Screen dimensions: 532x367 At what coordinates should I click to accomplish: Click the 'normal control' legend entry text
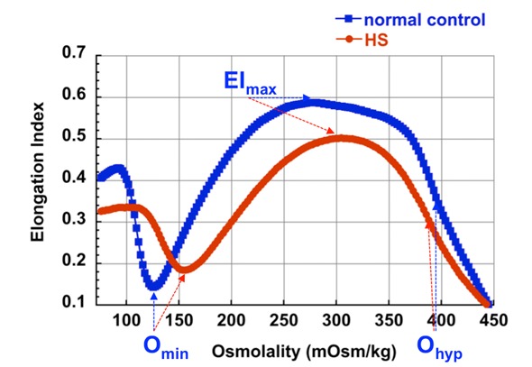pyautogui.click(x=425, y=20)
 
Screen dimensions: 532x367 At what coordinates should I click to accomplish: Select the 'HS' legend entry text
pyautogui.click(x=376, y=41)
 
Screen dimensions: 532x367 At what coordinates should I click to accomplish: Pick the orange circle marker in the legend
pyautogui.click(x=350, y=40)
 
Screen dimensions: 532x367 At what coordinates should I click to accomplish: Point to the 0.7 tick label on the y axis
pyautogui.click(x=74, y=53)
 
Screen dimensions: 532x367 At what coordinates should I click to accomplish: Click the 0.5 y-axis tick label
pyautogui.click(x=74, y=136)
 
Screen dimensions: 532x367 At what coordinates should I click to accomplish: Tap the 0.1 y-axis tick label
pyautogui.click(x=74, y=302)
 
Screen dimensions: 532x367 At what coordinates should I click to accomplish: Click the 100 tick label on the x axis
pyautogui.click(x=126, y=320)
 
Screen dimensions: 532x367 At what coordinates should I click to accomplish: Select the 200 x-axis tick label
pyautogui.click(x=232, y=320)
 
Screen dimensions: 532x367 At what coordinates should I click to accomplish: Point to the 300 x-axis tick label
pyautogui.click(x=336, y=320)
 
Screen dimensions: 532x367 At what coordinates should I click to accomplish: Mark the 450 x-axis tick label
pyautogui.click(x=493, y=320)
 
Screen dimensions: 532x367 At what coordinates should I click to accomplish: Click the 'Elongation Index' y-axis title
pyautogui.click(x=37, y=172)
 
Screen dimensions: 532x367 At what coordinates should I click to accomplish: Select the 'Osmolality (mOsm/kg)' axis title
pyautogui.click(x=304, y=352)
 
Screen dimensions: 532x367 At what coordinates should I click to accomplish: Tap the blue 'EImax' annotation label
pyautogui.click(x=250, y=83)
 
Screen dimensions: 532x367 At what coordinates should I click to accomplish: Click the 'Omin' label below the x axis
pyautogui.click(x=166, y=347)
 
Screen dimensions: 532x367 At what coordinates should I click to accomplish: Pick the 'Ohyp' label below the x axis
pyautogui.click(x=440, y=348)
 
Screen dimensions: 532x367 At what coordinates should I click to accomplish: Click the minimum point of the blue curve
pyautogui.click(x=154, y=286)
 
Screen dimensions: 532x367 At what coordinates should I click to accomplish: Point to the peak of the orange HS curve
pyautogui.click(x=341, y=139)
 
